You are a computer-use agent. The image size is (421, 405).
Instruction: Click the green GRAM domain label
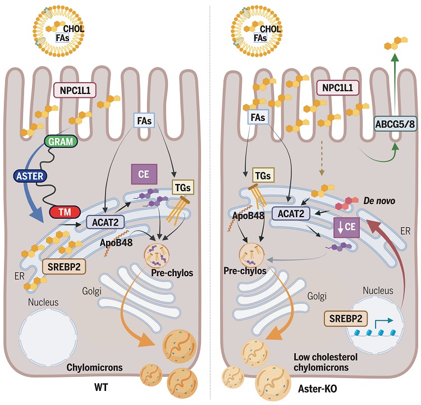[61, 142]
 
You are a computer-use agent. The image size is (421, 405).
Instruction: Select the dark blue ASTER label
[30, 176]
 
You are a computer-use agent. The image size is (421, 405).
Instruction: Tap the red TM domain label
[65, 212]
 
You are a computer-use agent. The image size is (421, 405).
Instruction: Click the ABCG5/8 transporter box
[395, 124]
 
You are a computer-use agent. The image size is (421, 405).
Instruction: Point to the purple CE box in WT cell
[144, 174]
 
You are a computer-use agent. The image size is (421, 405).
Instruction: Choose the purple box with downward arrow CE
[346, 227]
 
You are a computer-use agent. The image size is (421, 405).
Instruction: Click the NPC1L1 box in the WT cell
[75, 90]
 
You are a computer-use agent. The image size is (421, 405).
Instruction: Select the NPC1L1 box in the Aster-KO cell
[337, 88]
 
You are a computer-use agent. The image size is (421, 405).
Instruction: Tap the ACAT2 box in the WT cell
[106, 223]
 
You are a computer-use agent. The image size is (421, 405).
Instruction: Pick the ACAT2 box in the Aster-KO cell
[291, 214]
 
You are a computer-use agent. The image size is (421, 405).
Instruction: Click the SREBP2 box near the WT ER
[64, 267]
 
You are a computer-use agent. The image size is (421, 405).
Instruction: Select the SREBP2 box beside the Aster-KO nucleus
[346, 318]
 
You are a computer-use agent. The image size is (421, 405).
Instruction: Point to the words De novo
[379, 201]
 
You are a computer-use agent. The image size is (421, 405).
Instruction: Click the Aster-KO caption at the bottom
[317, 389]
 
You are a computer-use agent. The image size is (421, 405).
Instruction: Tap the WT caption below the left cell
[101, 388]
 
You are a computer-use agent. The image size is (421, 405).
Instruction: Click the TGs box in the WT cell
[183, 187]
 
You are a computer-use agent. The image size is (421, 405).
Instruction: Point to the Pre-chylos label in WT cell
[172, 273]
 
